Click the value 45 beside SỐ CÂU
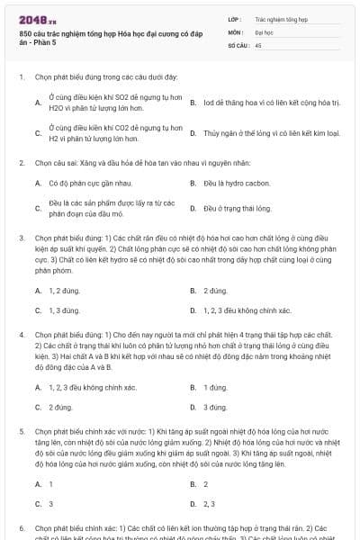point(258,44)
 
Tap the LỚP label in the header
point(235,18)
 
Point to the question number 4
point(22,334)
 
